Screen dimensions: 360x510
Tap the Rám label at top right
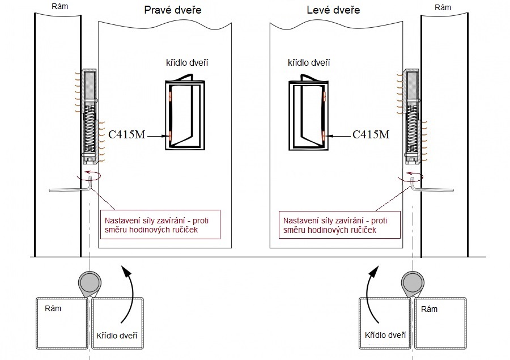[x=443, y=7]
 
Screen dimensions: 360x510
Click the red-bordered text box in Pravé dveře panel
[x=159, y=225]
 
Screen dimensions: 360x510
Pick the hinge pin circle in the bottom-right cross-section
[x=412, y=281]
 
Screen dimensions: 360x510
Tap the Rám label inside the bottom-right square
[x=429, y=308]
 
